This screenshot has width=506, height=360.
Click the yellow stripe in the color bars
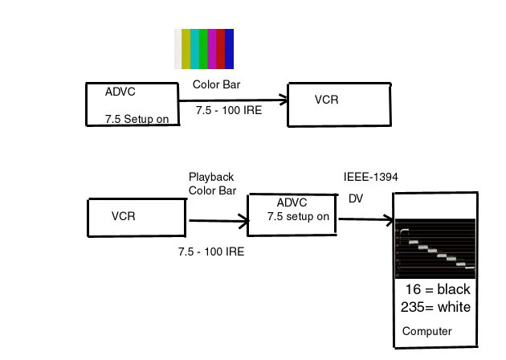(186, 49)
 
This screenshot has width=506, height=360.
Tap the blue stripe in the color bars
(230, 49)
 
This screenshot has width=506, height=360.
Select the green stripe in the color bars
(203, 49)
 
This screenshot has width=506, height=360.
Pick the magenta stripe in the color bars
(212, 49)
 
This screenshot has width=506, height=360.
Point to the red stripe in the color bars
(221, 49)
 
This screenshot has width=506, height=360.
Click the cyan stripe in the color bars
(194, 49)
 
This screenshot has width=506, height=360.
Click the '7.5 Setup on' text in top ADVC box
(137, 119)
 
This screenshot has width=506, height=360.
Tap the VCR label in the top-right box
(327, 100)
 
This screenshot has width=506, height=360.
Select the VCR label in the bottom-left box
(123, 216)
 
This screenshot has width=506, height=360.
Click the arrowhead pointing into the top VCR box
(283, 100)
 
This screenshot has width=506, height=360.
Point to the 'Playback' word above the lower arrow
(211, 178)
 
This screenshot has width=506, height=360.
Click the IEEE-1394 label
(371, 177)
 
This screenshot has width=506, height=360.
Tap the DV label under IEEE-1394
(356, 198)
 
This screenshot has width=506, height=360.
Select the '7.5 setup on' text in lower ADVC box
(298, 216)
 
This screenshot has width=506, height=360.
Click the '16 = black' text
(438, 289)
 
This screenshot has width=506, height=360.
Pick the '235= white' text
(435, 307)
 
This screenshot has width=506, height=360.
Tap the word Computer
(427, 331)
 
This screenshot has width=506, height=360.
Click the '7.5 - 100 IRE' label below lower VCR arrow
(211, 252)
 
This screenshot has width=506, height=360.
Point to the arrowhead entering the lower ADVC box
(244, 221)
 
